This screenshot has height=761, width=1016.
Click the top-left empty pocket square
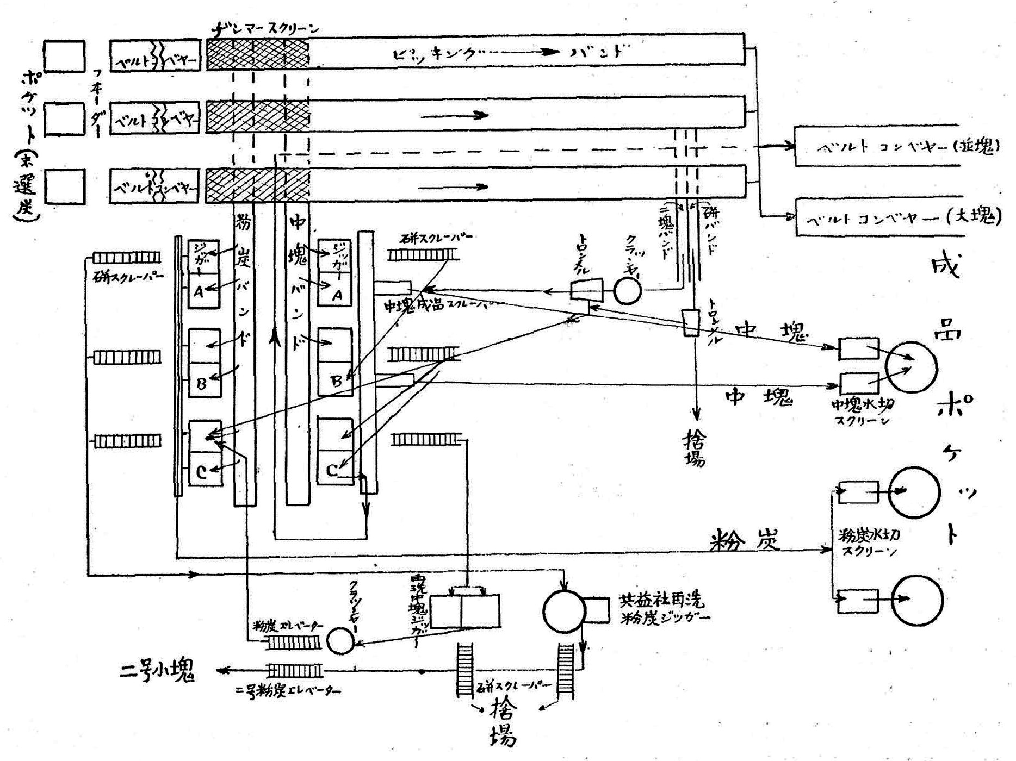point(64,55)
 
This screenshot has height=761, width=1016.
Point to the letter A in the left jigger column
point(199,292)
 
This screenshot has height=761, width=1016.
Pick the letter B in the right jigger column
point(337,381)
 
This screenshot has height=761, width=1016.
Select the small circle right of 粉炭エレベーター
point(340,641)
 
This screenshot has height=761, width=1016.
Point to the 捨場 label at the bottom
point(498,723)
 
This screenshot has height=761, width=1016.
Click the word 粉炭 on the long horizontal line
point(745,540)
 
